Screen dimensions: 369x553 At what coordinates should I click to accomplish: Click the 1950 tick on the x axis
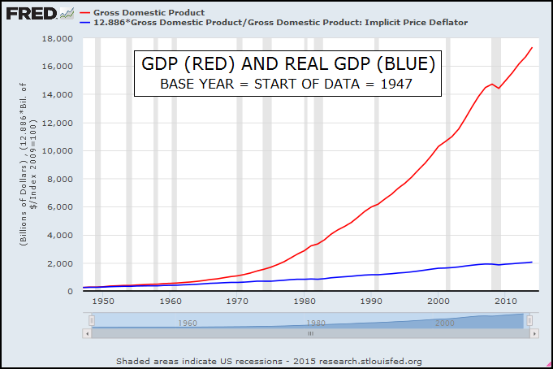pos(103,301)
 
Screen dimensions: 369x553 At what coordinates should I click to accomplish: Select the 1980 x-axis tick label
pos(304,301)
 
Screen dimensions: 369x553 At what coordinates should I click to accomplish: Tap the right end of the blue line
pos(532,262)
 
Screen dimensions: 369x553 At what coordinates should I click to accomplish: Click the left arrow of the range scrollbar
pos(88,332)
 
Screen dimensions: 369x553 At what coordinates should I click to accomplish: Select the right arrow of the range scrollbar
pos(529,332)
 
